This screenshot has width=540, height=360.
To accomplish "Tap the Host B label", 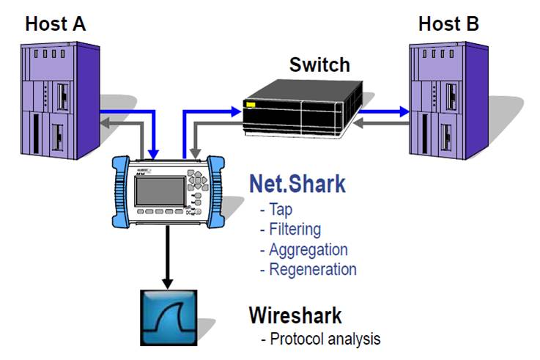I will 448,23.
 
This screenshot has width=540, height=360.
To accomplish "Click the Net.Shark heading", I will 297,183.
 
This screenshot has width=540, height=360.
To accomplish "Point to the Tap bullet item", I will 275,210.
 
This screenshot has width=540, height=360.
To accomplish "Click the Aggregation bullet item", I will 303,249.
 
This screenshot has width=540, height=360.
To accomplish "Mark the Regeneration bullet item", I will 308,269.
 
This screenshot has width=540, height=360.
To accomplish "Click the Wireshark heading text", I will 295,316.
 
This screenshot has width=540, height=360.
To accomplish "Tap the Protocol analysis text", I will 320,339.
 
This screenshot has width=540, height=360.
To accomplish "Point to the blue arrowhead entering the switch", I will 237,112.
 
